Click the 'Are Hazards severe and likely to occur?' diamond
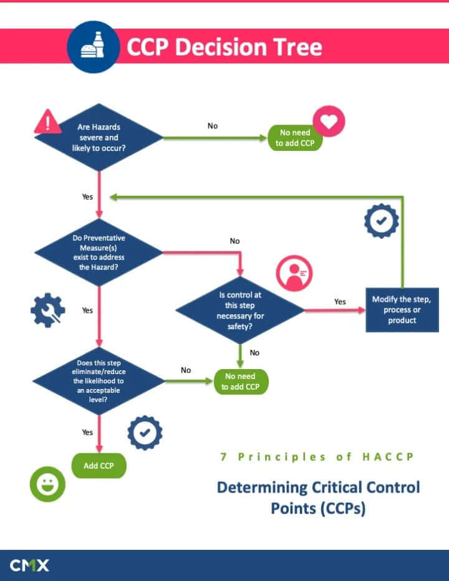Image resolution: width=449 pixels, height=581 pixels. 99,137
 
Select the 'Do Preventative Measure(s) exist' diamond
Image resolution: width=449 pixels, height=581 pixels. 99,252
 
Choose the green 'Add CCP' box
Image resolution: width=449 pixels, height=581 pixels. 99,466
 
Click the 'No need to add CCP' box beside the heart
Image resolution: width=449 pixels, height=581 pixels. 295,138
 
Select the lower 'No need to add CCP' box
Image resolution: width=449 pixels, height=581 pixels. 241,381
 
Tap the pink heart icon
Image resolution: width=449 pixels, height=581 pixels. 329,122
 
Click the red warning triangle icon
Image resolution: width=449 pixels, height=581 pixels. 47,121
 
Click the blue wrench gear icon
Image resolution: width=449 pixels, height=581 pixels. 48,310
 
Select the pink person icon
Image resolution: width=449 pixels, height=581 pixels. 294,273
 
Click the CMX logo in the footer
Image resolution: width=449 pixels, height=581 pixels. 29,565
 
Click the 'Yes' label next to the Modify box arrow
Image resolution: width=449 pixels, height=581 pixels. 340,302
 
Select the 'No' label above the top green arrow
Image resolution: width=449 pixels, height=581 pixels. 213,126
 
